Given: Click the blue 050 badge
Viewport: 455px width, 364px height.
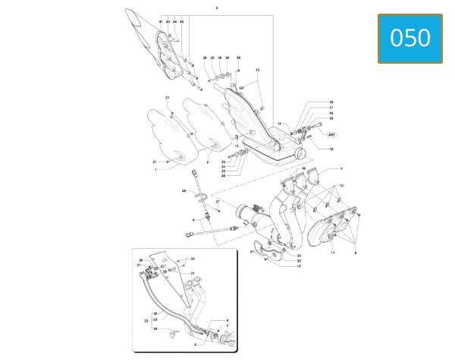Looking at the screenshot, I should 410,38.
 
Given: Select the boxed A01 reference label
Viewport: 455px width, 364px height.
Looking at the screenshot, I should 331,134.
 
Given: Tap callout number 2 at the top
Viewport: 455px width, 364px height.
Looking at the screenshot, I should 217,8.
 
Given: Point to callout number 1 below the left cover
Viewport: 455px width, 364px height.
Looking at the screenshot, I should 155,170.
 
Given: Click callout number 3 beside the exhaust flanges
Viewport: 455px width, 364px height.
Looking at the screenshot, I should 341,168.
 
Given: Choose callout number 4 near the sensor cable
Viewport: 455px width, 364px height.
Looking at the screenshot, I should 193,220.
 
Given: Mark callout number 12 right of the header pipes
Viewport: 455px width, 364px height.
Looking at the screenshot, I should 342,186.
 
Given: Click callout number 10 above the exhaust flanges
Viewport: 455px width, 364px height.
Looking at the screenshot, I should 303,169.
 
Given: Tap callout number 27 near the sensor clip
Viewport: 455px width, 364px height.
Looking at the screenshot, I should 217,202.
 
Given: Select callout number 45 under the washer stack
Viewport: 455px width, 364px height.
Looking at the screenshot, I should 224,175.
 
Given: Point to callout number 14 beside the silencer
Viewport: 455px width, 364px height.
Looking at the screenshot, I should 279,124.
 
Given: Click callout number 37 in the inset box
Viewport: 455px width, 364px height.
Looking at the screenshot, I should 140,265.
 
